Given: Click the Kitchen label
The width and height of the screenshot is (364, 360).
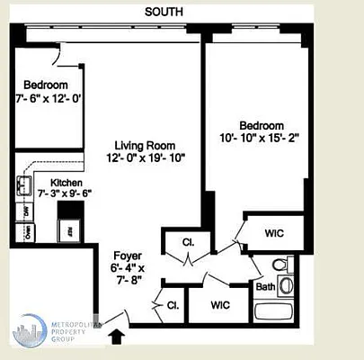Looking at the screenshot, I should [x=54, y=182].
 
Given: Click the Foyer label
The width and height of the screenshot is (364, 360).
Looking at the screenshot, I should [x=127, y=255].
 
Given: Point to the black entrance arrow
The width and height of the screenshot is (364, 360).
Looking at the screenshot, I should [x=117, y=337].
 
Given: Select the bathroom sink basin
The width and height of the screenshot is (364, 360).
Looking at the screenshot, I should [x=259, y=265].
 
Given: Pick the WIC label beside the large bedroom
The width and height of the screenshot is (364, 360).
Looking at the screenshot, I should [x=274, y=233].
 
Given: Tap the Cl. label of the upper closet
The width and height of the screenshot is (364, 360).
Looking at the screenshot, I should [x=188, y=241].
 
